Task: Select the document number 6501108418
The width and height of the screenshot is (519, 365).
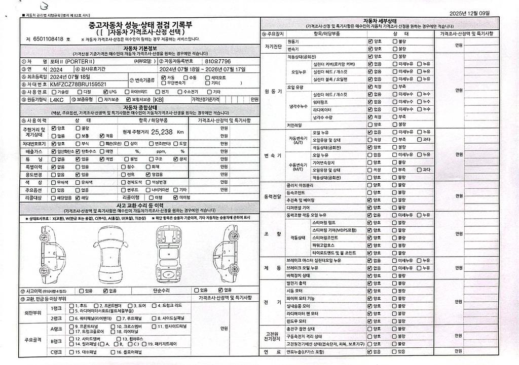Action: point(48,39)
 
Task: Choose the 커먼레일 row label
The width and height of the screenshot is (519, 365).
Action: point(294,125)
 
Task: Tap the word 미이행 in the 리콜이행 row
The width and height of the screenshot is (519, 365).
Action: point(185,197)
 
